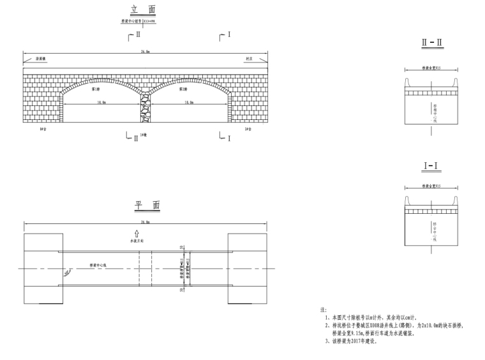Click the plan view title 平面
click(146, 206)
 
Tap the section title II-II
click(431, 43)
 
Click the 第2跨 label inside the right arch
click(183, 89)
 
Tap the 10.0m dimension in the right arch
click(190, 102)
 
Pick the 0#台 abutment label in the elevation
click(43, 129)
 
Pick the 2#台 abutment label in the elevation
click(248, 129)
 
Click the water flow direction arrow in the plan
click(136, 235)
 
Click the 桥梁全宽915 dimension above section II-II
click(431, 68)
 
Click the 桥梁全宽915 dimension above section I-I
click(431, 186)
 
